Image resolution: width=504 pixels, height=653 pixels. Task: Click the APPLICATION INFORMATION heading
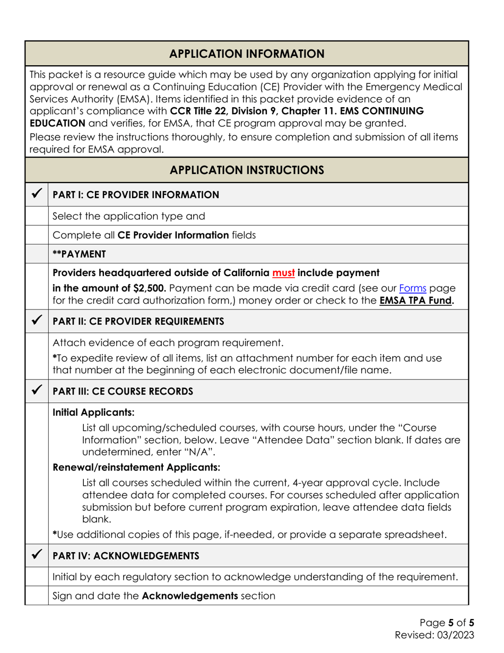coord(247,54)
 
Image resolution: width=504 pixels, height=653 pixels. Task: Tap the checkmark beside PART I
coord(36,194)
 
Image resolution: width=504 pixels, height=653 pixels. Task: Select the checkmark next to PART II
coord(36,321)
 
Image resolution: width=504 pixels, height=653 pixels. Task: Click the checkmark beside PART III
coord(36,392)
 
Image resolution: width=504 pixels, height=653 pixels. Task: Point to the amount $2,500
coord(149,287)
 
